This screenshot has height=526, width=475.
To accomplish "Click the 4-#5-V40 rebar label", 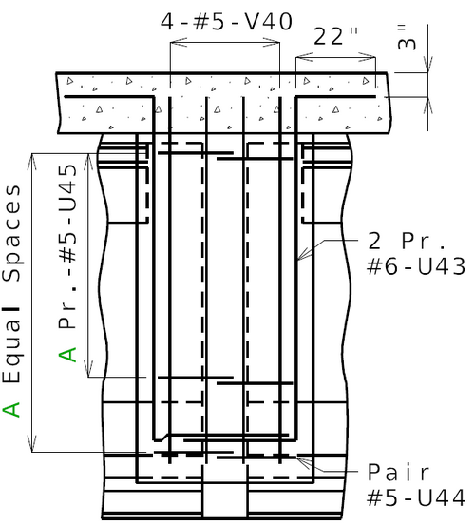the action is [x=226, y=22].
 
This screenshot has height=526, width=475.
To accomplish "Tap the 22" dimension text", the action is [x=335, y=36].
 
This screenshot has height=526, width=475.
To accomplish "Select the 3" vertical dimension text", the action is [x=406, y=38].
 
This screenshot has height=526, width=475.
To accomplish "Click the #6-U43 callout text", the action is [x=416, y=266].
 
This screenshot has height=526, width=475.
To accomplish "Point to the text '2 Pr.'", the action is [x=408, y=241].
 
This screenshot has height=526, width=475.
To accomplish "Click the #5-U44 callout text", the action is [x=416, y=497].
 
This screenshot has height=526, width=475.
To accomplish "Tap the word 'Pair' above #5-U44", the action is [x=399, y=473].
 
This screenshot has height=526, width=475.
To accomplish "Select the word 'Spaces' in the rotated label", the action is [x=11, y=233].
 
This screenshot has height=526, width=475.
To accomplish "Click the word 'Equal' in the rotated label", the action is [x=11, y=346].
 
